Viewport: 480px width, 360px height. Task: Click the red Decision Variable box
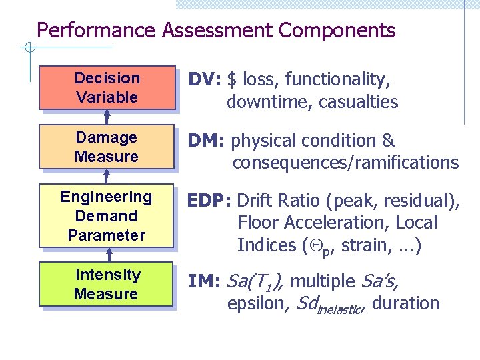pyautogui.click(x=107, y=87)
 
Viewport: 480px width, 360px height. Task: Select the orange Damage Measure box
pyautogui.click(x=107, y=147)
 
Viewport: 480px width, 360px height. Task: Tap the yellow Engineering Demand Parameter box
pyautogui.click(x=107, y=215)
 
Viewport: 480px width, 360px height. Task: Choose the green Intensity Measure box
pyautogui.click(x=107, y=285)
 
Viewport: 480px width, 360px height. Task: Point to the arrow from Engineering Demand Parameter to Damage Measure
pyautogui.click(x=107, y=176)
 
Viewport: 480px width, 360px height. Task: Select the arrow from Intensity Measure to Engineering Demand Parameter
pyautogui.click(x=107, y=255)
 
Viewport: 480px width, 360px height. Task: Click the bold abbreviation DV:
pyautogui.click(x=205, y=80)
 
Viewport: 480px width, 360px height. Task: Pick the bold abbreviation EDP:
pyautogui.click(x=210, y=201)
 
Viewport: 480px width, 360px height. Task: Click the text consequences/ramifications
pyautogui.click(x=345, y=163)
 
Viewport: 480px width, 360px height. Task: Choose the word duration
pyautogui.click(x=406, y=304)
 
